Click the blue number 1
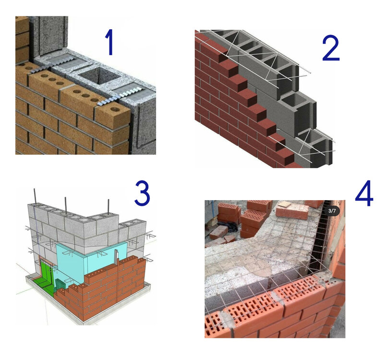109,42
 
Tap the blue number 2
331,48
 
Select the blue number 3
143,193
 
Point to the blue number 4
364,193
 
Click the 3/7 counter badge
332,211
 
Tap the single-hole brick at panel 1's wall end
113,114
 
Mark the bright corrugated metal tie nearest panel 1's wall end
119,96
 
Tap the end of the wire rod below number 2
310,72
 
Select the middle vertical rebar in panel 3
66,204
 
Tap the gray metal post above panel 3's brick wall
116,257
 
